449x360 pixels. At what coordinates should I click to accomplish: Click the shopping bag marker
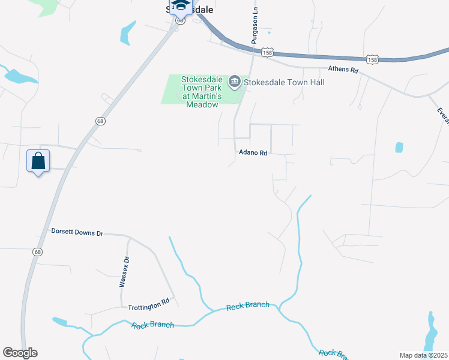(x=38, y=161)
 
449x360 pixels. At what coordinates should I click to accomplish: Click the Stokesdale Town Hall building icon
(x=234, y=82)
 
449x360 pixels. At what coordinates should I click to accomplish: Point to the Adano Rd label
(x=252, y=153)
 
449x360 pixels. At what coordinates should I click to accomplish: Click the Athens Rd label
(x=343, y=70)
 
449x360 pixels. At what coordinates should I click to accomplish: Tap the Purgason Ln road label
(x=255, y=25)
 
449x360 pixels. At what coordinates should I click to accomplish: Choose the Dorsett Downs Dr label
(x=77, y=232)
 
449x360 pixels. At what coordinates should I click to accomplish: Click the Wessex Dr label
(x=125, y=272)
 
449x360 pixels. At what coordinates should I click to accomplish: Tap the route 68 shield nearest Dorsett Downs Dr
(x=38, y=252)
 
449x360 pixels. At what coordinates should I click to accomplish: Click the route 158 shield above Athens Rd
(x=373, y=59)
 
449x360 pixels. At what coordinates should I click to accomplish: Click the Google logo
(x=20, y=353)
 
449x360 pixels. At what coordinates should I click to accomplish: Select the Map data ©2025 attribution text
(x=423, y=355)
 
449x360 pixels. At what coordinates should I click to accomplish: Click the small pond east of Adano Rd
(x=399, y=147)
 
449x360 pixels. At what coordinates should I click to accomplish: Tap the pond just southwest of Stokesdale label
(x=126, y=33)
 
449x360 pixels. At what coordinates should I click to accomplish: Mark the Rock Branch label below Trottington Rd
(x=152, y=325)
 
